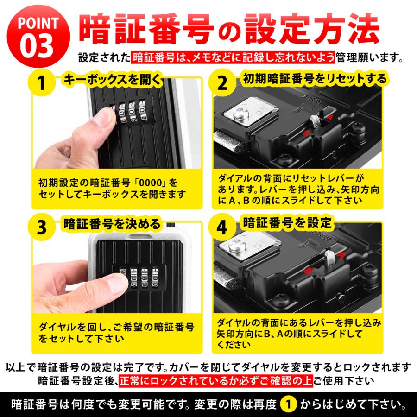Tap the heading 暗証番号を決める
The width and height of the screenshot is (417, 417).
point(111,224)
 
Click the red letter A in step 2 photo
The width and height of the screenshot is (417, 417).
point(330,119)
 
